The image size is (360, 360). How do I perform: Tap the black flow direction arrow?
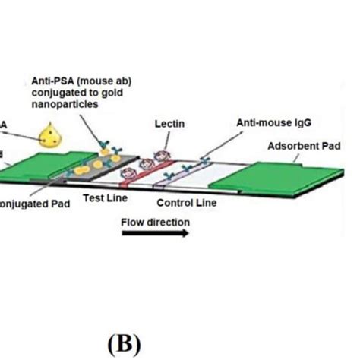pos(156,235)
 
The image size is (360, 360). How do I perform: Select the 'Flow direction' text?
pos(156,223)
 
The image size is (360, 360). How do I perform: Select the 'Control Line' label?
pos(188,203)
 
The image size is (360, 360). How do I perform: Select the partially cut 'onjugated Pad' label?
pos(33,203)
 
